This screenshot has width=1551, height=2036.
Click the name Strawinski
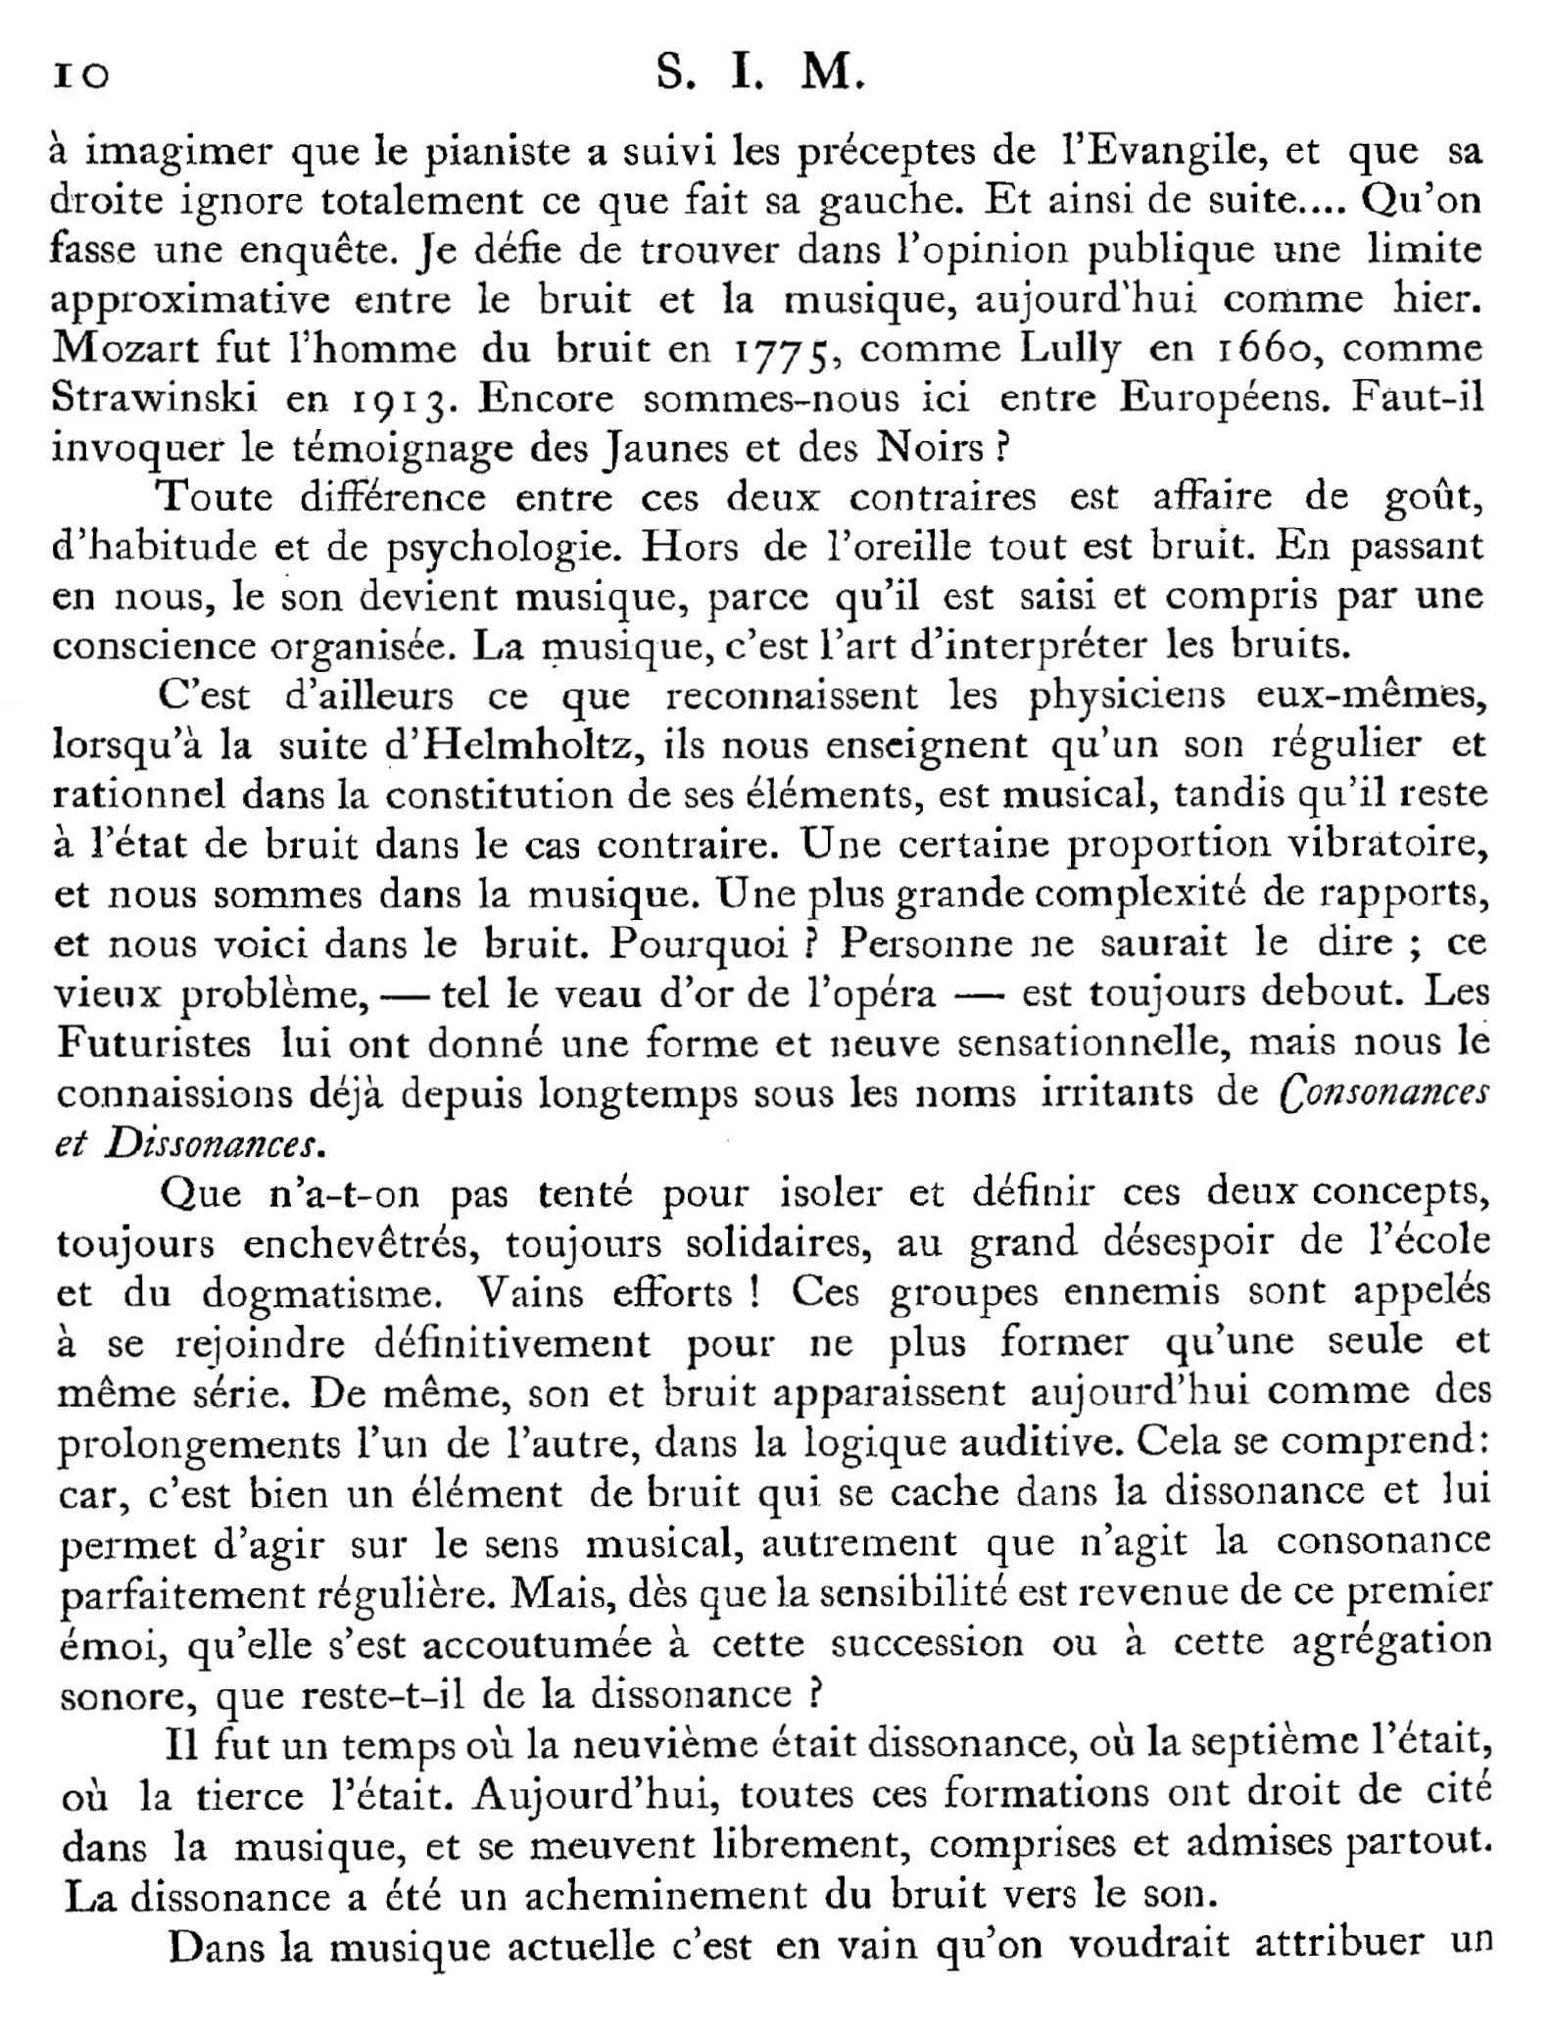(155, 399)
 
